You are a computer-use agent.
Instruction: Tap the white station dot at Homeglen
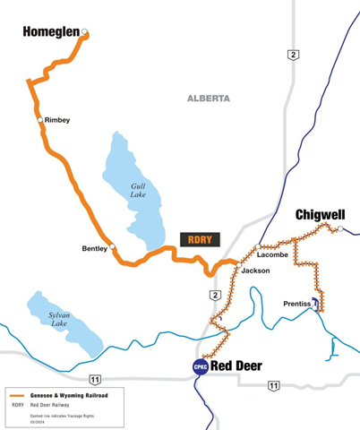(x=84, y=33)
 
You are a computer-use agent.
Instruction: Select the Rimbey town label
(x=57, y=120)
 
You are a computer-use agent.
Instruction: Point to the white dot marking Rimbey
(x=39, y=119)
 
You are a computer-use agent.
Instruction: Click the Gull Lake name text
(x=137, y=188)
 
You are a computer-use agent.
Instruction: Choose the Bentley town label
(x=93, y=248)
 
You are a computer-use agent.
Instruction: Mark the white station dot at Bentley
(x=113, y=248)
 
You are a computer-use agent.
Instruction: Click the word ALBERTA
(x=208, y=98)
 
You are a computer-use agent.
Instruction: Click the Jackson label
(x=255, y=271)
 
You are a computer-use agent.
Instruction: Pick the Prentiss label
(x=296, y=304)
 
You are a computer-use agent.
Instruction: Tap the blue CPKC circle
(x=199, y=365)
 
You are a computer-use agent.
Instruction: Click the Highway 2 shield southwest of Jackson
(x=214, y=295)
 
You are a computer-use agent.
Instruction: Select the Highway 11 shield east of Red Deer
(x=273, y=385)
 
